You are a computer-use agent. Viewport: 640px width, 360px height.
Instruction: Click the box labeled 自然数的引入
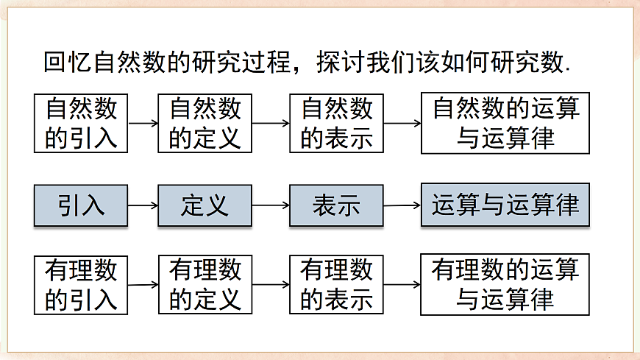81,123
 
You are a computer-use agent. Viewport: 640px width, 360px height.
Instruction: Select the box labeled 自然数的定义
205,123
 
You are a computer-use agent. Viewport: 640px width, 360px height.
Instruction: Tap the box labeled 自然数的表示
336,123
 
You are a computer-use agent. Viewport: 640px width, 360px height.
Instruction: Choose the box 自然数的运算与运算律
505,123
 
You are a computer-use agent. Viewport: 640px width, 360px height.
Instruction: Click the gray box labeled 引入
81,205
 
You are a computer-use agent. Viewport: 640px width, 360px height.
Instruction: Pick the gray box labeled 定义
205,205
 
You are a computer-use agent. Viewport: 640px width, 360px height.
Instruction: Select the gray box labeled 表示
336,205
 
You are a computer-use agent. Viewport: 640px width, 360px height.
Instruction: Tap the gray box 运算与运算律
505,205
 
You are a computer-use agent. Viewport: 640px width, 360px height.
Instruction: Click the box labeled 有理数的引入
81,285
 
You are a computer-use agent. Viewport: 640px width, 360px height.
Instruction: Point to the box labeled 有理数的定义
205,285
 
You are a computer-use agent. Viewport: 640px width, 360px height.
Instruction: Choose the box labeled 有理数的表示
336,285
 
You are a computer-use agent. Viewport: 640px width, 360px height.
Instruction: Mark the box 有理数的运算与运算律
505,285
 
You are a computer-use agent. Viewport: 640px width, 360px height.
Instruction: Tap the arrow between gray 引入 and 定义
143,206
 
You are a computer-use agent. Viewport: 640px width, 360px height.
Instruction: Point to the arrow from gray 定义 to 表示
271,206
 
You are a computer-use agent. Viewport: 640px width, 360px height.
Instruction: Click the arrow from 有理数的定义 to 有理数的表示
271,285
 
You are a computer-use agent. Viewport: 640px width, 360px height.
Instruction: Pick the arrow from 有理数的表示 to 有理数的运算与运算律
402,285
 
